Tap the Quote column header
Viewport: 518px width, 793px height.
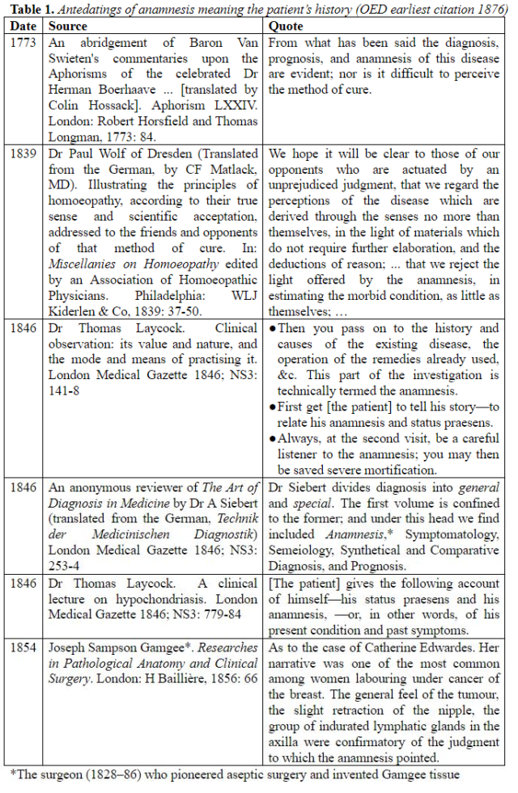point(287,26)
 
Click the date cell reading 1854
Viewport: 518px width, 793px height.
point(23,647)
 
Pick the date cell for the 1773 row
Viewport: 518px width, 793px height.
point(23,42)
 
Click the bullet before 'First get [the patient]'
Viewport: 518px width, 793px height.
point(273,407)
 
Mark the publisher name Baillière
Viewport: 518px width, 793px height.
point(167,679)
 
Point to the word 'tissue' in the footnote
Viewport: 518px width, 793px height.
point(443,775)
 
